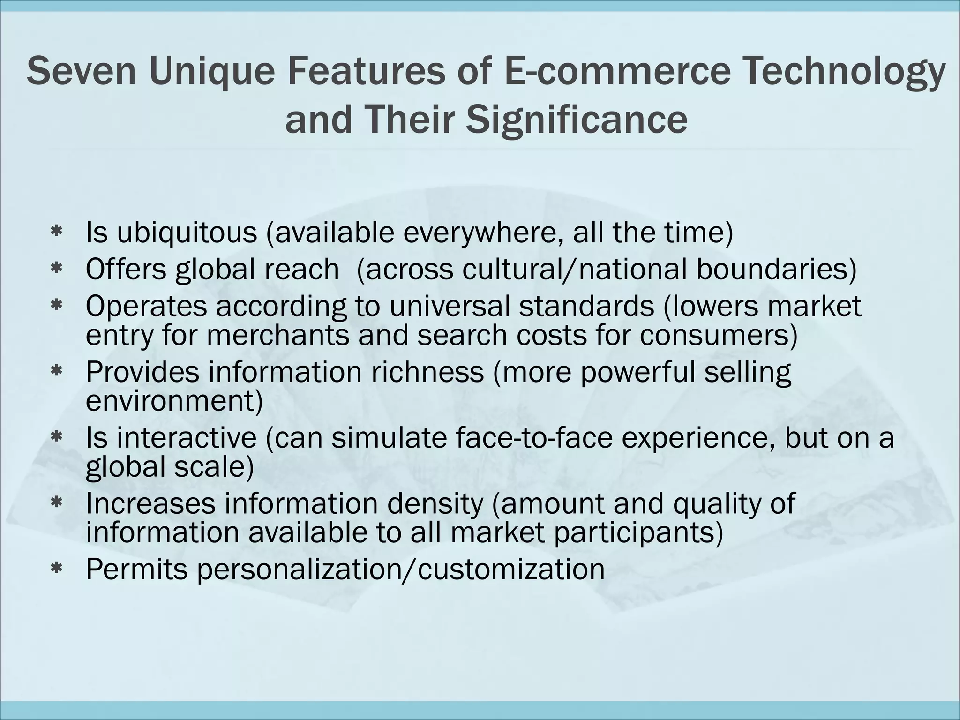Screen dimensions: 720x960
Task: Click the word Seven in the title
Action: (x=81, y=71)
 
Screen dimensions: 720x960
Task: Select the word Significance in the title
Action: (x=577, y=120)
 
